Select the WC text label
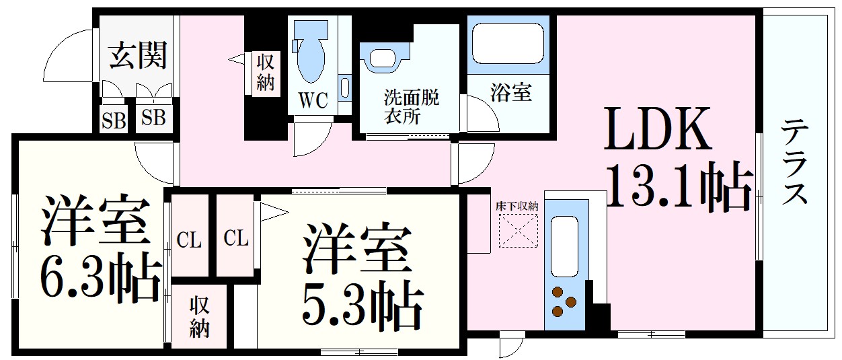pos(312,102)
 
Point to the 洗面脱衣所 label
pos(411,106)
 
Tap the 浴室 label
pos(510,93)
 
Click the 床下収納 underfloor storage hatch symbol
pos(518,231)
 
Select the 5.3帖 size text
pos(363,306)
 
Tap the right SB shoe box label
pos(154,119)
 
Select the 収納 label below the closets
pos(199,316)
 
